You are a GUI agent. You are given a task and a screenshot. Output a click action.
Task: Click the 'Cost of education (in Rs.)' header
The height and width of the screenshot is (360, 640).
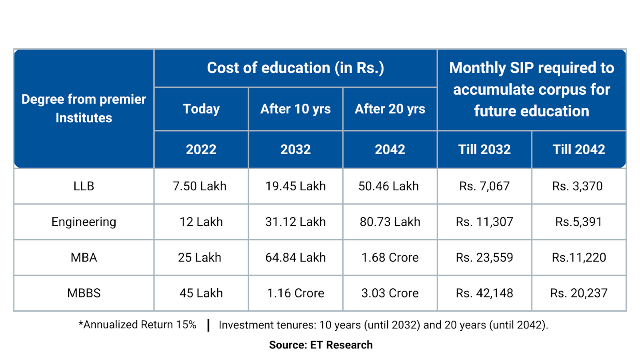(x=295, y=68)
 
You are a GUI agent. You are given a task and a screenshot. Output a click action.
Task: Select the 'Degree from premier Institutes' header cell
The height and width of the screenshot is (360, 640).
(x=84, y=108)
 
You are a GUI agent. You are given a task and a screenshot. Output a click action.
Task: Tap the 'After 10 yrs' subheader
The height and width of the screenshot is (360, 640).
(x=295, y=109)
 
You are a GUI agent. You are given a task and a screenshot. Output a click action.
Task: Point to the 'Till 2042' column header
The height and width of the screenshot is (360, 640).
(x=578, y=149)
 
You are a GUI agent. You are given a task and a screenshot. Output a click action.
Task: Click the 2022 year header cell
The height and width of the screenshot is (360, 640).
(x=201, y=149)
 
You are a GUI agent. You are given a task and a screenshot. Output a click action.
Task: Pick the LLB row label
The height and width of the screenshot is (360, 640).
(x=84, y=186)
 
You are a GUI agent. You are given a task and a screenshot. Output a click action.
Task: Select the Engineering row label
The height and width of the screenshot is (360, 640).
(x=84, y=222)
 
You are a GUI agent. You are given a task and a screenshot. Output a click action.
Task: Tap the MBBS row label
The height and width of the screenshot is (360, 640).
(x=84, y=293)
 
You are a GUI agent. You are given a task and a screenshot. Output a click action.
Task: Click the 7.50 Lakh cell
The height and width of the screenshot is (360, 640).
(x=200, y=186)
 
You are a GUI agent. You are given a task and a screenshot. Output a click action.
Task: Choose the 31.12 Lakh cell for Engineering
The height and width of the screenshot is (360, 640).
(x=295, y=222)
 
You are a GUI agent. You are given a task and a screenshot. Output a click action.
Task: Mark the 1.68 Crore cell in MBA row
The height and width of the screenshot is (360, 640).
(x=390, y=257)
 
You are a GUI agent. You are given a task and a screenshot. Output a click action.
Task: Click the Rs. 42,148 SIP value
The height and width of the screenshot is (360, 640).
(x=484, y=293)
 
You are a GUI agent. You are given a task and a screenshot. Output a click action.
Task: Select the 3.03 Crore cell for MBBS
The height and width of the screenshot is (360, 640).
(x=390, y=293)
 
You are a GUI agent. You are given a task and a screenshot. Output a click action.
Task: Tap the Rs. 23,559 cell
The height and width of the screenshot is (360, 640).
(x=484, y=257)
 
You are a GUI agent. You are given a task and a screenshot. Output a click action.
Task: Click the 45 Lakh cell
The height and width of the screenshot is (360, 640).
(x=201, y=293)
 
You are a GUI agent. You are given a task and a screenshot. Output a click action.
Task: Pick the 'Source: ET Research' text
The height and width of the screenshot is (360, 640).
(x=320, y=345)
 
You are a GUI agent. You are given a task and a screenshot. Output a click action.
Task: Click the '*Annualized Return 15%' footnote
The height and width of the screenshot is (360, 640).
(x=137, y=324)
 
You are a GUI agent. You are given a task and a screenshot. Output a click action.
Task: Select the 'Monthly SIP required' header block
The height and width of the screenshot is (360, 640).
(x=531, y=90)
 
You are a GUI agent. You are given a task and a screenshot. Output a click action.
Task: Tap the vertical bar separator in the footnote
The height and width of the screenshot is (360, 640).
(x=208, y=325)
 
